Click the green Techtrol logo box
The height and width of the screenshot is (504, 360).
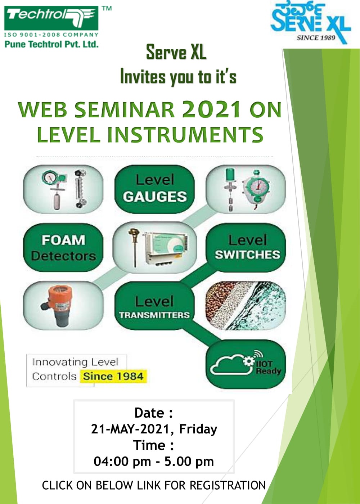[51, 18]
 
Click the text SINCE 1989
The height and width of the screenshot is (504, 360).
[316, 37]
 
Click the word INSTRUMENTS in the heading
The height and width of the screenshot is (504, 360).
[185, 135]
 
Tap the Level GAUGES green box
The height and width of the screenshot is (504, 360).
[154, 189]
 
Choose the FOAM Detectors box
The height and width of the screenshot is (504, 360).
[63, 248]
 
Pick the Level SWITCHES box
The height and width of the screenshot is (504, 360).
[246, 248]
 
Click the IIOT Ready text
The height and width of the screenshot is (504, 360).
[269, 367]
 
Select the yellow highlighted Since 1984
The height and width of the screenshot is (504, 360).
[113, 376]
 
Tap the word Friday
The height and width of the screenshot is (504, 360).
[198, 429]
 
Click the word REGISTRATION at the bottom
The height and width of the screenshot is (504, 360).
[228, 485]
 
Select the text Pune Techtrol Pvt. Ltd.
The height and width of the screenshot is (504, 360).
[51, 44]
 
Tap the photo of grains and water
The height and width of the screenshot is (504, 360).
[246, 306]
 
